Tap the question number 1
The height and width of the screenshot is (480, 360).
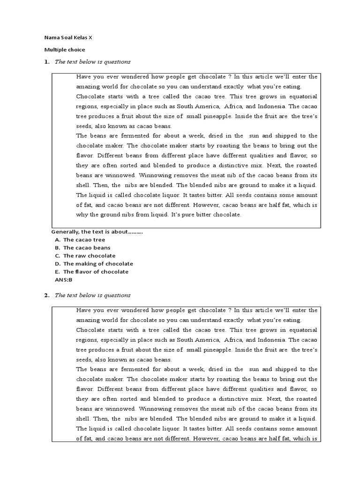point(46,62)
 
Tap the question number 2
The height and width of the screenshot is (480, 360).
point(46,295)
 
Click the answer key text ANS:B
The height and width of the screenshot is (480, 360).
point(64,279)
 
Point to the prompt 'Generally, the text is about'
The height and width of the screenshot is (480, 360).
point(97,232)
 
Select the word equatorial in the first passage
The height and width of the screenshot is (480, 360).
point(300,97)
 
